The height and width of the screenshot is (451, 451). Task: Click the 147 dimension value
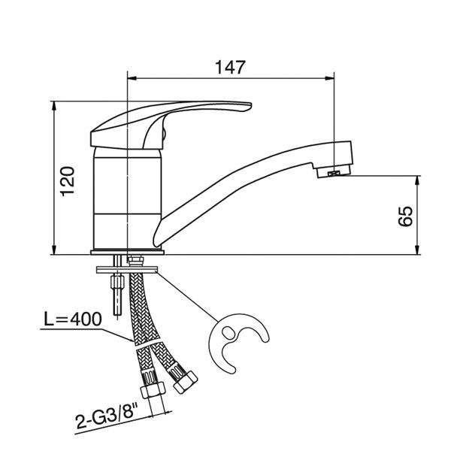pyautogui.click(x=231, y=67)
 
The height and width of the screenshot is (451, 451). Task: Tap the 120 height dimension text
pyautogui.click(x=68, y=180)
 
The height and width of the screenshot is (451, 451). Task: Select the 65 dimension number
pyautogui.click(x=405, y=216)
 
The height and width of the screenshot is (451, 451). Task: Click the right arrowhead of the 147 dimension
pyautogui.click(x=330, y=76)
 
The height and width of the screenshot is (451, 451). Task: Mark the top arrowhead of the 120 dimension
pyautogui.click(x=56, y=107)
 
